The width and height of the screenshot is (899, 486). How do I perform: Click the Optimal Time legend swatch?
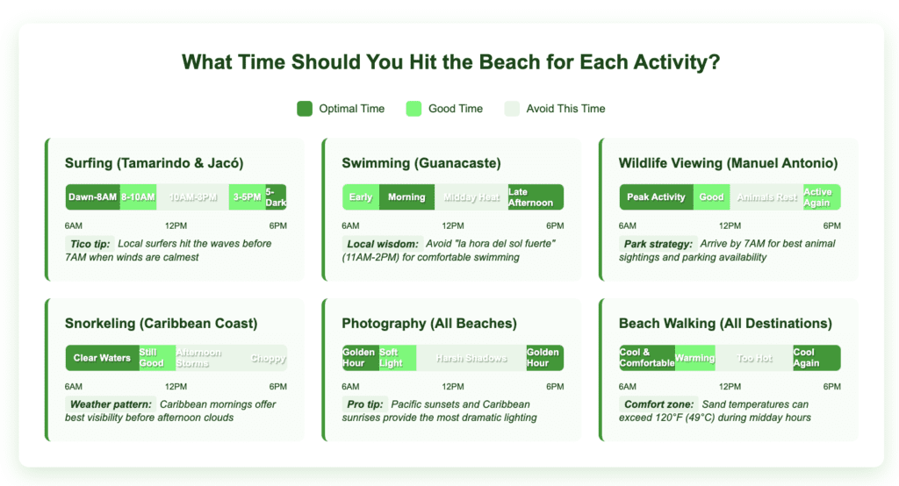pos(305,109)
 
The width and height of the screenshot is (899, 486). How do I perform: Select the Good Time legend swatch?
pos(414,109)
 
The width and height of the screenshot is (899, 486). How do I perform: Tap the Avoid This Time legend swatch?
pos(512,109)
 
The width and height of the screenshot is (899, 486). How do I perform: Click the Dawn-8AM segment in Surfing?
pos(92,197)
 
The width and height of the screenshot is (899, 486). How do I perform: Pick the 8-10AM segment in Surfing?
pos(138,197)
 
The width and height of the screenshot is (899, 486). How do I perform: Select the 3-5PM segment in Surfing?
pos(247,197)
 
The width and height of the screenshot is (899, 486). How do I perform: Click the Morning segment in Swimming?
pos(406,197)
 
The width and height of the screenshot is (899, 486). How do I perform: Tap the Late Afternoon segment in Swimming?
pos(535,197)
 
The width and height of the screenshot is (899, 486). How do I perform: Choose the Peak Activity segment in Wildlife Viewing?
pos(656,197)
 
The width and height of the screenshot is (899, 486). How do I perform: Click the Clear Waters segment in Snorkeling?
pos(102,358)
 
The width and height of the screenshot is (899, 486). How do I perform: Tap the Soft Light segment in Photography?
pos(397,358)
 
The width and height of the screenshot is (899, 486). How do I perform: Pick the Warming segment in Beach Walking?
pos(694,358)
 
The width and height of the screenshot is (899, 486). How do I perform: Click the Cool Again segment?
pos(816,358)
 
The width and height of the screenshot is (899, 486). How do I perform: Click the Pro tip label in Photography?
pos(363,404)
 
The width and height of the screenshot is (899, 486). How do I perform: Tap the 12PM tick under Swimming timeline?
pos(453,226)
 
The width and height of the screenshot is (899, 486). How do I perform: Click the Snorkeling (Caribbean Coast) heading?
pos(161,324)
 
